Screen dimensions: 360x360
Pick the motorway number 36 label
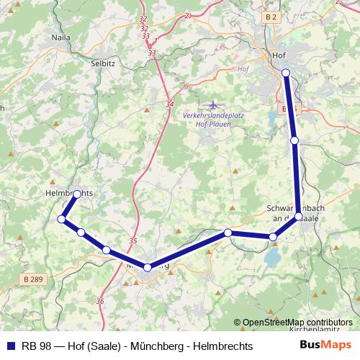[x=99, y=301]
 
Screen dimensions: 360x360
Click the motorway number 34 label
[x=169, y=104]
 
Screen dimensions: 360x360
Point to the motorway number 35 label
[x=132, y=241]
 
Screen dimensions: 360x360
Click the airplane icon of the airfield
[x=211, y=106]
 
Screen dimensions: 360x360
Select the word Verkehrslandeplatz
[x=211, y=115]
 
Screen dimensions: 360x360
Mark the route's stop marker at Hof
[x=286, y=72]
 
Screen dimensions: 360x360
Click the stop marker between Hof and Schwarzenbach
[x=294, y=140]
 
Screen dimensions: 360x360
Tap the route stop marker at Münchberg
[x=148, y=267]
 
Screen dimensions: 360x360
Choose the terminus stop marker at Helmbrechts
[x=78, y=194]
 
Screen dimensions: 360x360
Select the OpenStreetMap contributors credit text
[x=297, y=323]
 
